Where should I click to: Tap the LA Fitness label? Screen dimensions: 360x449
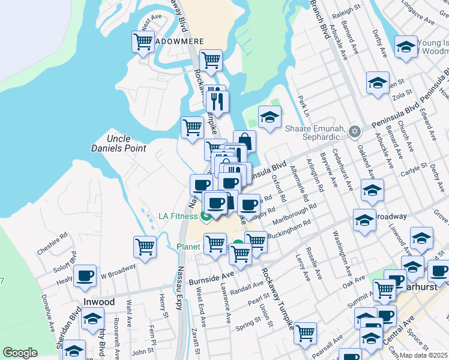click(x=178, y=216)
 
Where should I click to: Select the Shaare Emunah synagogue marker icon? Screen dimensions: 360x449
click(x=355, y=131)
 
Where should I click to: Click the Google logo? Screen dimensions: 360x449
click(x=20, y=353)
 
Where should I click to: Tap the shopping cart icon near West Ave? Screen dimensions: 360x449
click(x=143, y=42)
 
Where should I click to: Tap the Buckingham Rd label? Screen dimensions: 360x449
click(x=290, y=229)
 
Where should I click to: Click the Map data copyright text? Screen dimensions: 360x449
click(x=423, y=355)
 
